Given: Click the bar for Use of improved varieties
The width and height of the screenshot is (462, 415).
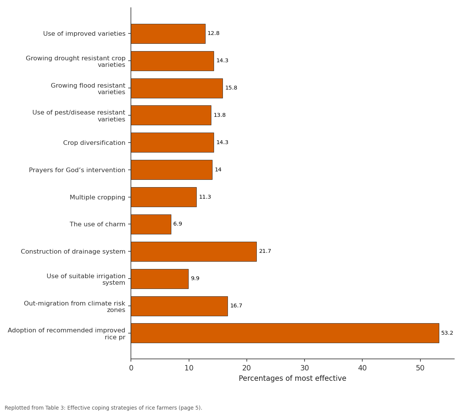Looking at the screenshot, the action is point(168,34).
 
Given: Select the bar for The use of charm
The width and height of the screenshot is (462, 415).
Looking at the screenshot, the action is point(151,224).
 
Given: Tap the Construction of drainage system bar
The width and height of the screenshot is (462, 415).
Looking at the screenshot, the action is point(194,252).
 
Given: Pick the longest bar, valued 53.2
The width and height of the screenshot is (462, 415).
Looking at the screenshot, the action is point(285,333).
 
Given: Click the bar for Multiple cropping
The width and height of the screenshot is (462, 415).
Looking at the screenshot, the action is point(164,197).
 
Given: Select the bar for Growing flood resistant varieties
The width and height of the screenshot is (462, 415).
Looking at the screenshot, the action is point(177,88).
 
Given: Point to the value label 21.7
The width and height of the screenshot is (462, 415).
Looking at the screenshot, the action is point(265,251).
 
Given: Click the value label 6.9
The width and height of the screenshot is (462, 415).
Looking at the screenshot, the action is point(177,224).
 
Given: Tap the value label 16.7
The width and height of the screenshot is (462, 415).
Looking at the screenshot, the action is point(236,305).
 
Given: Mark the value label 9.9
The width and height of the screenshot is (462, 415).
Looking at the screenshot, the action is point(195,279).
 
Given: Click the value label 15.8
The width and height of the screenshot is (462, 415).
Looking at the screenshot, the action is point(231,88).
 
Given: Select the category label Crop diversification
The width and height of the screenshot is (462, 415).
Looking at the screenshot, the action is point(94,143).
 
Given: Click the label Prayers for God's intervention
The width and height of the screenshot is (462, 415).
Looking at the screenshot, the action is point(77,170).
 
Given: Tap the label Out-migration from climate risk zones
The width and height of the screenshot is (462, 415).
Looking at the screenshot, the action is point(75,307).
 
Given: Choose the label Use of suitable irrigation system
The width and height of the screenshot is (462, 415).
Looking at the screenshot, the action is point(86,279).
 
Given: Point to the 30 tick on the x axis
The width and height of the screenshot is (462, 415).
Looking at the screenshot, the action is point(305,360).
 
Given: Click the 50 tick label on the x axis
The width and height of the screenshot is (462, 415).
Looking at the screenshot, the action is point(420,368).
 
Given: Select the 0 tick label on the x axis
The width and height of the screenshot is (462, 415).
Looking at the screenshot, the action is point(131,368).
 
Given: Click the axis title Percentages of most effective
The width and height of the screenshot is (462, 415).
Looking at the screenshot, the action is point(292,378).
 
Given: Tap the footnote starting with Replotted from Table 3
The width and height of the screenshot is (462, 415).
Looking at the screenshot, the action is point(104,408).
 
